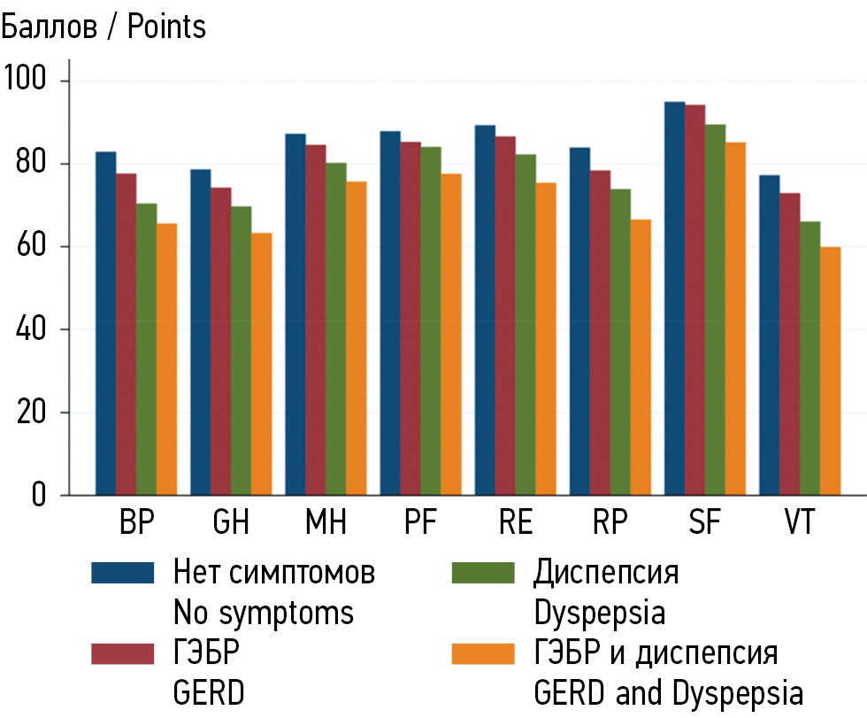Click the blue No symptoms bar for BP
[106, 323]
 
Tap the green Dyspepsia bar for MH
[336, 328]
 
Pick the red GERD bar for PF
[410, 318]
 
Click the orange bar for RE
[546, 338]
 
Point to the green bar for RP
[621, 342]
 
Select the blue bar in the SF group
[674, 298]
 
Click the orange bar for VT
[829, 371]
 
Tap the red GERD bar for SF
[694, 300]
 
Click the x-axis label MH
[326, 522]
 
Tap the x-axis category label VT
[800, 522]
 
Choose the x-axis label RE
[516, 522]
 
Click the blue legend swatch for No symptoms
[123, 573]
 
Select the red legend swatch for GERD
[123, 653]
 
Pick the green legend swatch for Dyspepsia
[482, 573]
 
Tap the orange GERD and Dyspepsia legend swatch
[482, 653]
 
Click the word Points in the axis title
[166, 27]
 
